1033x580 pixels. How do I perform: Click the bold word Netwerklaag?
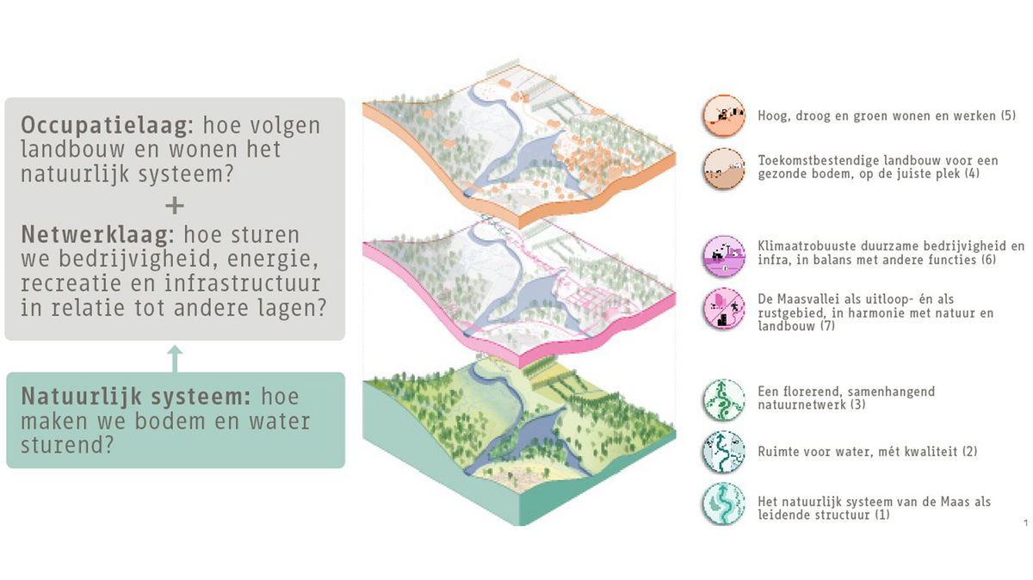pyautogui.click(x=96, y=234)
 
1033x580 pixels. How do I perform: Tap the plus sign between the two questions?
pyautogui.click(x=174, y=206)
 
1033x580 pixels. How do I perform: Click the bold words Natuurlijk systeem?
pyautogui.click(x=136, y=397)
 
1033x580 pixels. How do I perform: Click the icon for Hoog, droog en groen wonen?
pyautogui.click(x=723, y=115)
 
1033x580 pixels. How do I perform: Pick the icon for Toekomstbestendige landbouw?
pyautogui.click(x=723, y=167)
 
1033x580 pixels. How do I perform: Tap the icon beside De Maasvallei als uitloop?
pyautogui.click(x=723, y=308)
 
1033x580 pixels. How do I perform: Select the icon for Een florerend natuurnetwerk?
pyautogui.click(x=723, y=398)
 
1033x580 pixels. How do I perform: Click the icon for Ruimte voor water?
pyautogui.click(x=723, y=452)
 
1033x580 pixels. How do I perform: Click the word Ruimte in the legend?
pyautogui.click(x=778, y=452)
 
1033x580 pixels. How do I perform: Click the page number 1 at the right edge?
pyautogui.click(x=1026, y=523)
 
